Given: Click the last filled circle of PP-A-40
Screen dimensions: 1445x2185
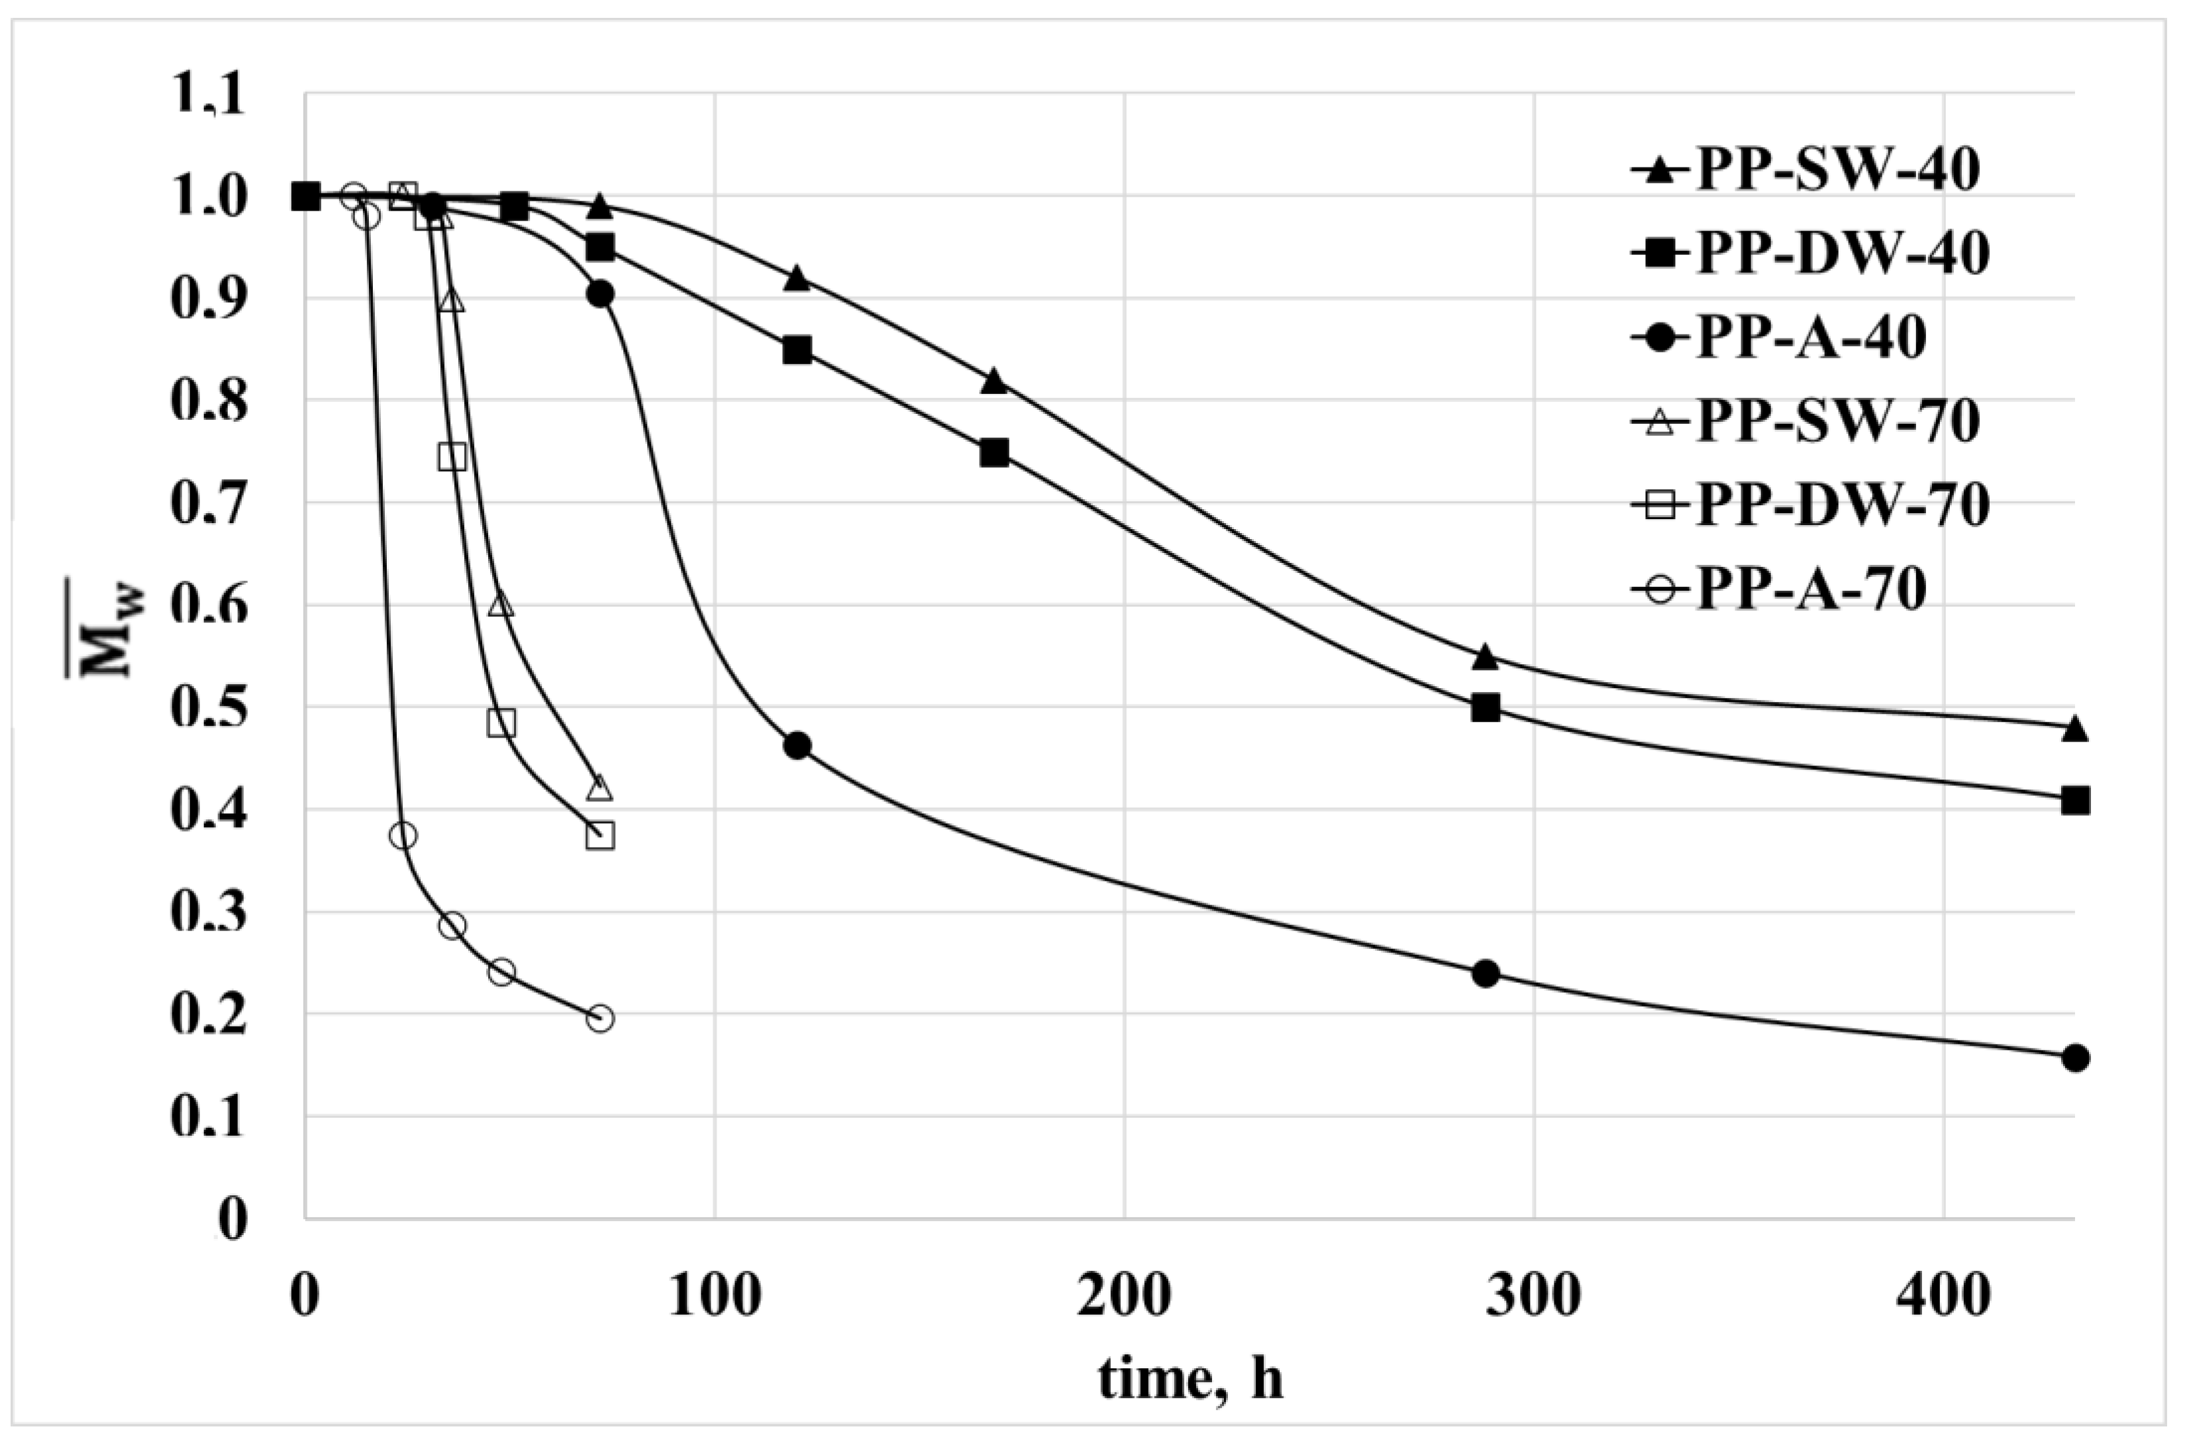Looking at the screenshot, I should (x=2074, y=1058).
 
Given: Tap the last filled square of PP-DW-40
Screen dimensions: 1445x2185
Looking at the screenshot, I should (x=2074, y=801).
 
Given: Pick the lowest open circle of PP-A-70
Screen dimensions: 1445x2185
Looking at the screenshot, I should (x=600, y=1019).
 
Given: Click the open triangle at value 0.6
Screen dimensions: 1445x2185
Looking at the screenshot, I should (x=501, y=605).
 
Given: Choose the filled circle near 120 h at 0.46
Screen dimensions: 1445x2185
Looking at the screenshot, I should (x=797, y=746).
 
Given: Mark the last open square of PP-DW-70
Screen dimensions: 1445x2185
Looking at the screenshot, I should (x=600, y=836).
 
